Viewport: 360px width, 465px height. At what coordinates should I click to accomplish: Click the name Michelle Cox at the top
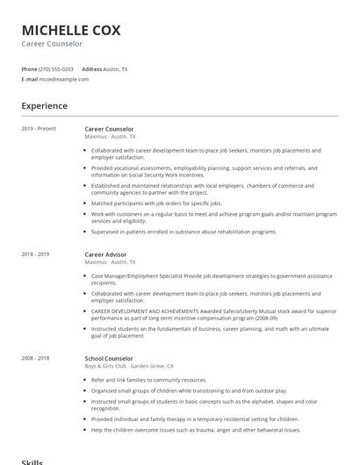pyautogui.click(x=71, y=30)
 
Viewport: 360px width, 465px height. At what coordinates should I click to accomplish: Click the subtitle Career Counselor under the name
pyautogui.click(x=52, y=43)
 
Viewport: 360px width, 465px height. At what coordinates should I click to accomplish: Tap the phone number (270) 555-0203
pyautogui.click(x=56, y=68)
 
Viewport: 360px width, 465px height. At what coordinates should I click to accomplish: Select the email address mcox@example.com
pyautogui.click(x=64, y=79)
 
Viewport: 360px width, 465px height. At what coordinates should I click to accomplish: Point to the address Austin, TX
pyautogui.click(x=116, y=68)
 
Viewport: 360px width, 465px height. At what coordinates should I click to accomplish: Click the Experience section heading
pyautogui.click(x=45, y=106)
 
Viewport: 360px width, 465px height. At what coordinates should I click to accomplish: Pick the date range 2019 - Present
pyautogui.click(x=39, y=129)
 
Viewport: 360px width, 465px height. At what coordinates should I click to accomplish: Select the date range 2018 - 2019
pyautogui.click(x=35, y=254)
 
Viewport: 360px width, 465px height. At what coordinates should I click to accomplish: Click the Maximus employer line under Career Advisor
pyautogui.click(x=111, y=261)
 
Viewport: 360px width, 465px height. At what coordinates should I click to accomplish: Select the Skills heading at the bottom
pyautogui.click(x=32, y=461)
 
